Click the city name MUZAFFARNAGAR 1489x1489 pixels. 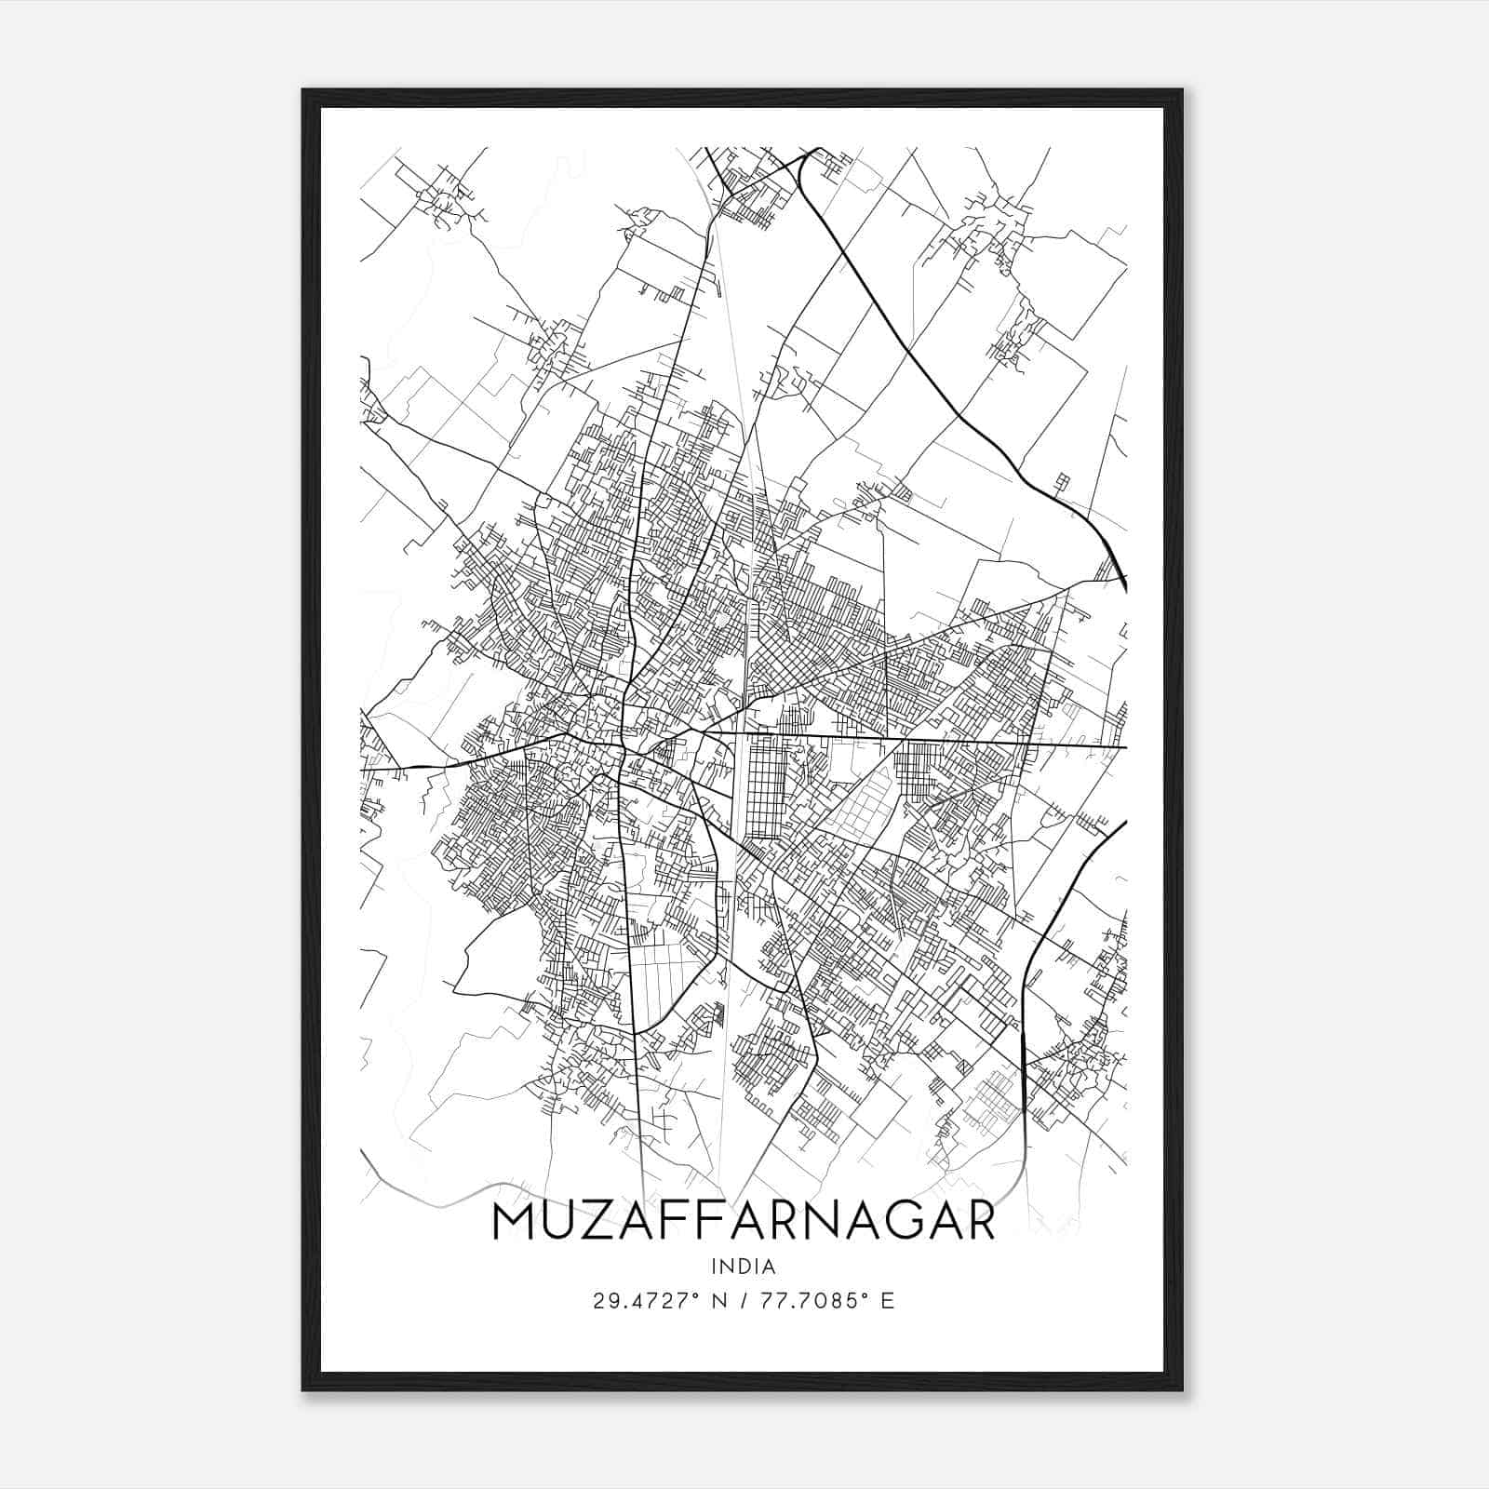743,1222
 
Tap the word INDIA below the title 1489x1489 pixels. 743,1267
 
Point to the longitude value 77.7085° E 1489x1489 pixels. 826,1301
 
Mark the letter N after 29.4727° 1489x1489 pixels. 719,1301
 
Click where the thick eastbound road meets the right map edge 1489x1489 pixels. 1124,746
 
